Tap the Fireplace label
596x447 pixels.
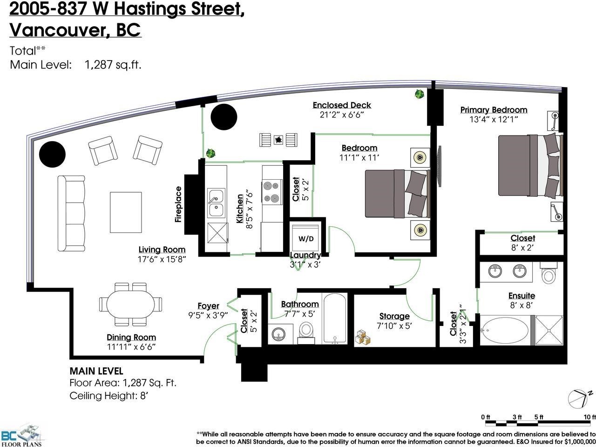[178, 204]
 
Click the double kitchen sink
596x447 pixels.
[217, 203]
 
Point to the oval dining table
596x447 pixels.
[130, 304]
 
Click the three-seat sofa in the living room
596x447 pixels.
[71, 213]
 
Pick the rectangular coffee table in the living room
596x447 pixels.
[126, 212]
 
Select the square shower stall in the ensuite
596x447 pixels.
[549, 330]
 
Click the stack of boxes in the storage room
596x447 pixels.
[363, 338]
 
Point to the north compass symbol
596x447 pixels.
[577, 399]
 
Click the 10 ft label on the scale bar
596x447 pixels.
[589, 417]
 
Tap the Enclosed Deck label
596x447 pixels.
[342, 105]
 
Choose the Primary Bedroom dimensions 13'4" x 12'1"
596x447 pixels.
[494, 119]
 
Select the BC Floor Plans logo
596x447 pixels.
[20, 434]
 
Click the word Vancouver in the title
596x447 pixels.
[58, 30]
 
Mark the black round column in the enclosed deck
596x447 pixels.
[224, 117]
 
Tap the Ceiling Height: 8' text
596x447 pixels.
[108, 396]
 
